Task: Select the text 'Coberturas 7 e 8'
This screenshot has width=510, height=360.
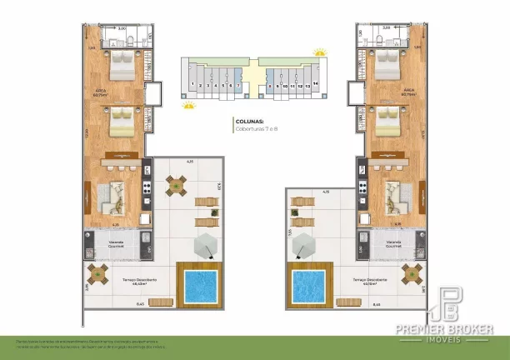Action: (255, 128)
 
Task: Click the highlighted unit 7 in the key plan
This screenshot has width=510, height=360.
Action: (239, 85)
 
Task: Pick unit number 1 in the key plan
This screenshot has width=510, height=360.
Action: (192, 85)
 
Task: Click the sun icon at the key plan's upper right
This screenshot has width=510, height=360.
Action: (319, 52)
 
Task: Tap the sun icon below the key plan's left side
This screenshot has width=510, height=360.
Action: (189, 105)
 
